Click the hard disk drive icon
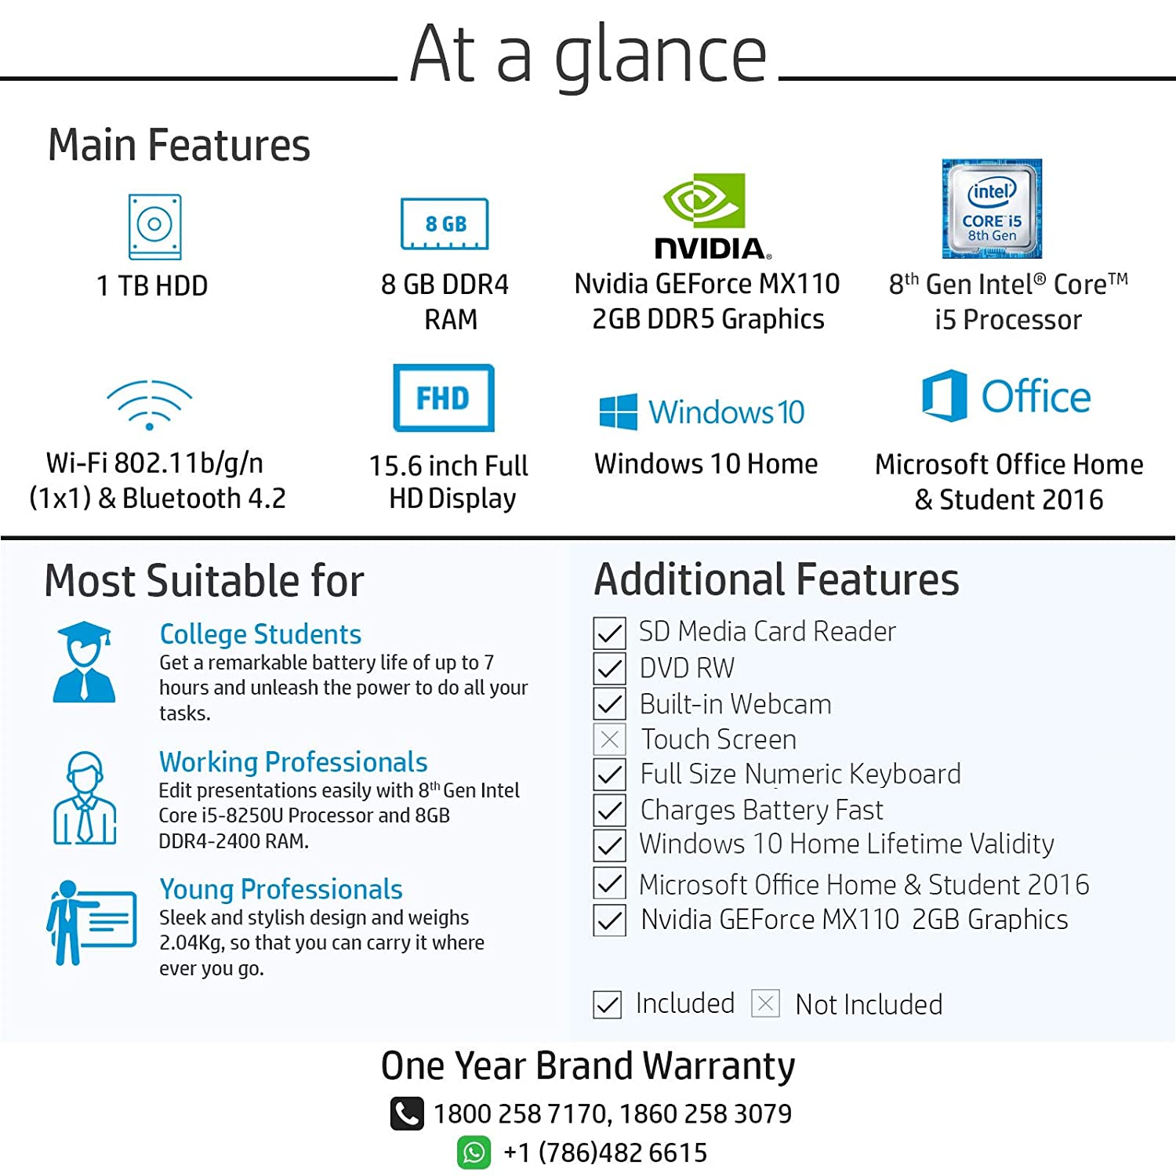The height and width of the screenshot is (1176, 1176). (x=155, y=227)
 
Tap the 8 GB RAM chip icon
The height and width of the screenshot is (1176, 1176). (x=445, y=224)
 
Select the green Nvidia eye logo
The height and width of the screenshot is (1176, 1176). (x=704, y=200)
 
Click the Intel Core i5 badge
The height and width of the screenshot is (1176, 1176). (x=992, y=209)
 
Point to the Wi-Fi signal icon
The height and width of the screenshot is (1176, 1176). (x=150, y=405)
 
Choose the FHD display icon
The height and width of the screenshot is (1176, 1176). (x=444, y=397)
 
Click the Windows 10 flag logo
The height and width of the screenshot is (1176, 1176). (x=618, y=412)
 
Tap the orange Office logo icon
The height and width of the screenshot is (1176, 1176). (x=944, y=396)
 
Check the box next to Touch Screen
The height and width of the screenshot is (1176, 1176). (x=610, y=739)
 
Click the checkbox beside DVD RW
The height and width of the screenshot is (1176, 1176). (x=610, y=668)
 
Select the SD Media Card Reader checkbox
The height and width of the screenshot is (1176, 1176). (x=610, y=633)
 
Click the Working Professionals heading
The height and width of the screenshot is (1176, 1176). (x=293, y=762)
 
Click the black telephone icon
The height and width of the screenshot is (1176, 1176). (x=407, y=1113)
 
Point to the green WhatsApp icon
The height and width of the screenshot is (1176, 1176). (x=474, y=1152)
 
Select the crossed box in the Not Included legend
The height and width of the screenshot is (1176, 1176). (x=765, y=1004)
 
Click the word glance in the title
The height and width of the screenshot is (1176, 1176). (x=660, y=56)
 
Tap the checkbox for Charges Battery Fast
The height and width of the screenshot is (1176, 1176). (x=610, y=810)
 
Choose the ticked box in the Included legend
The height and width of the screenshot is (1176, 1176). (x=608, y=1004)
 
